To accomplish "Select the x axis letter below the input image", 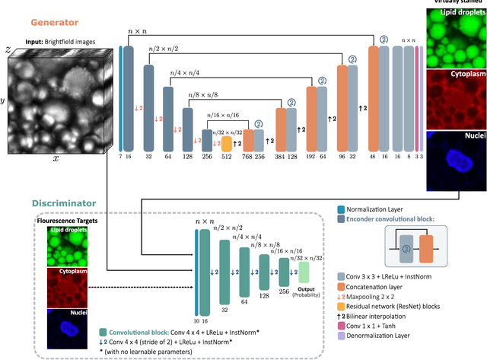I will pos(55,158).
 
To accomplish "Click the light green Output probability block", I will pos(304,271).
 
